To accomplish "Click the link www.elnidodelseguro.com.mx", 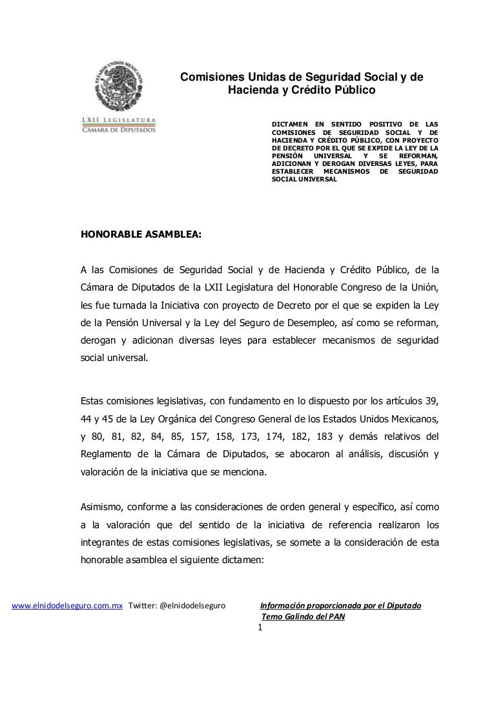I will point(68,606).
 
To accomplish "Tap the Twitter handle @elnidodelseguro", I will point(192,606).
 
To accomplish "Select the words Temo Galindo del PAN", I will point(303,616).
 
